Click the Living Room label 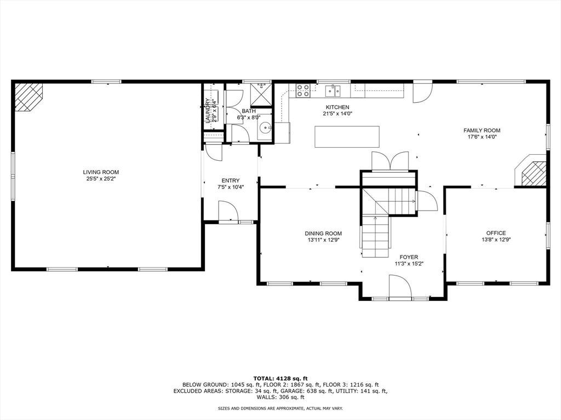coord(101,172)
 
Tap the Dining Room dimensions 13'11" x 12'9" coord(323,240)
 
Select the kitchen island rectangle coord(347,136)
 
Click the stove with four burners coord(302,91)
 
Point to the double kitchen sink coord(333,91)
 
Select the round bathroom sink coord(265,126)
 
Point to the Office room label coord(496,233)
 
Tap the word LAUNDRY coord(208,110)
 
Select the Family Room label coord(482,130)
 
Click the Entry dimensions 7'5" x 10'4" coord(231,187)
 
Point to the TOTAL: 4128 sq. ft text coord(280,378)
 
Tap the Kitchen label coord(337,107)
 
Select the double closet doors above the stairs coord(390,161)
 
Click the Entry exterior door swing coord(228,212)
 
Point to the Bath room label coord(249,111)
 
